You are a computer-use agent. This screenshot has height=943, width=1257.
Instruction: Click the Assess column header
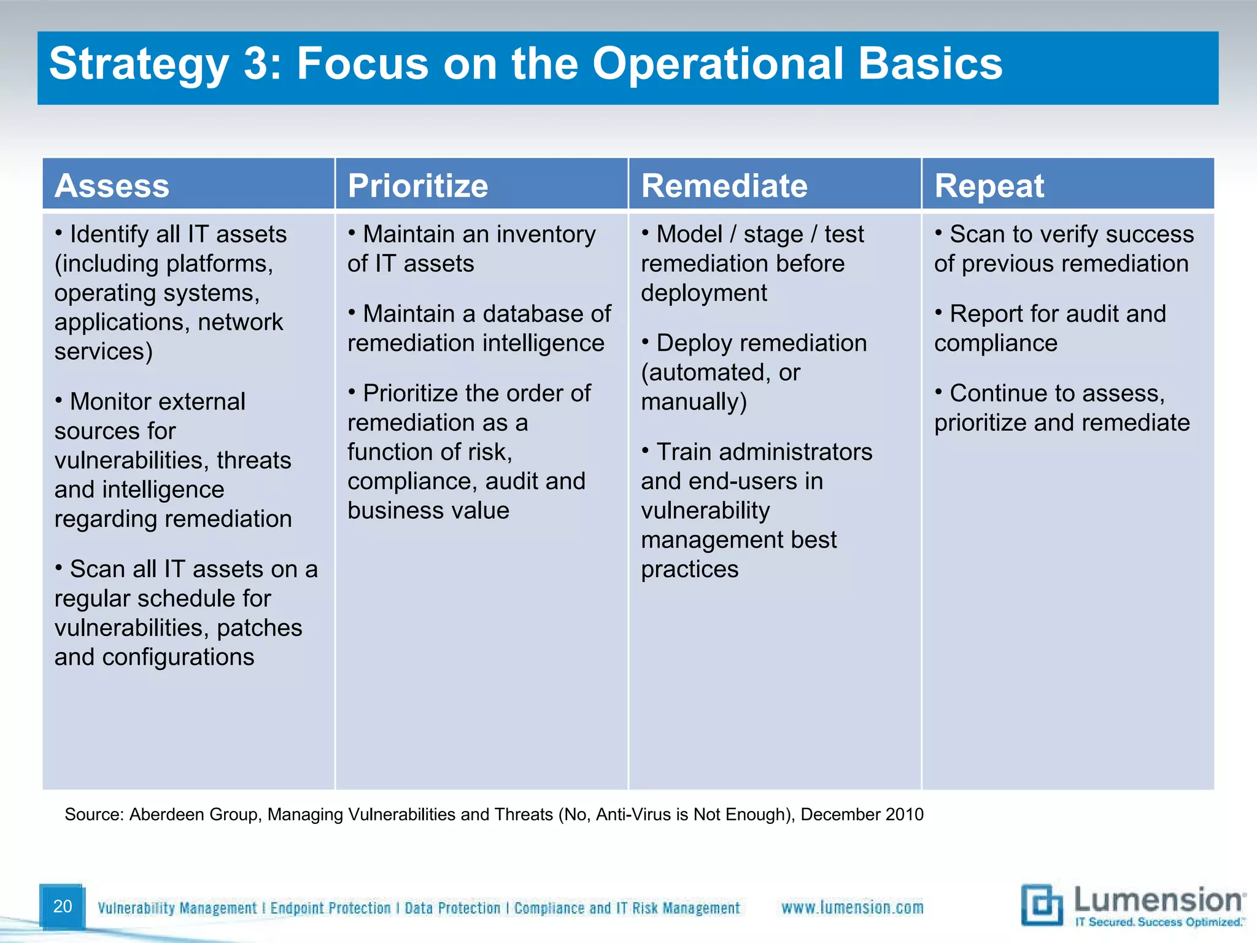[x=112, y=185]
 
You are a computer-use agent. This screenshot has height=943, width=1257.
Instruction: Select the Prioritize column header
[x=417, y=185]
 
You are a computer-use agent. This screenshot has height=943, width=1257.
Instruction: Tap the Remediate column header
[x=724, y=185]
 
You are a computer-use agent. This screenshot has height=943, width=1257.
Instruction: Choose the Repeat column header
[x=989, y=185]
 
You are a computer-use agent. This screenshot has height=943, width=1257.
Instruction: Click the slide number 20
[x=63, y=906]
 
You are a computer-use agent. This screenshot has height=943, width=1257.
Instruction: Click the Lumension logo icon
[x=1042, y=905]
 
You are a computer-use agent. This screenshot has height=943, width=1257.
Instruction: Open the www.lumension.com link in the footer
[x=852, y=907]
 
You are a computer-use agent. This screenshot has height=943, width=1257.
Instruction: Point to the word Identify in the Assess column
[x=109, y=234]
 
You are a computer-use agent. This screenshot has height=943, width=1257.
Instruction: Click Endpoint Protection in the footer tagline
[x=330, y=908]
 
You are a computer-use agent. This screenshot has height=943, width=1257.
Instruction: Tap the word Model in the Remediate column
[x=689, y=234]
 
